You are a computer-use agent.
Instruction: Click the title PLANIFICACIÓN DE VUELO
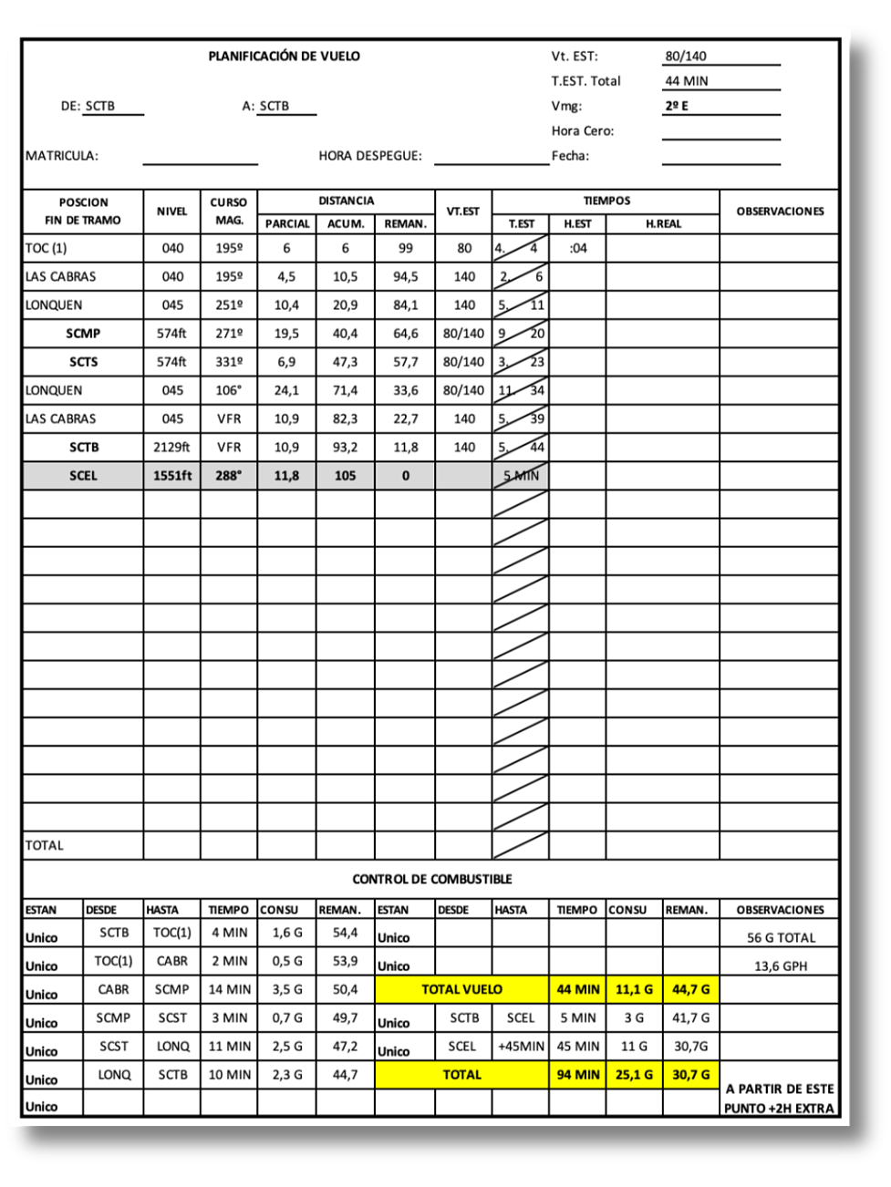click(x=284, y=56)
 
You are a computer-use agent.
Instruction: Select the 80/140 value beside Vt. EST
click(x=685, y=56)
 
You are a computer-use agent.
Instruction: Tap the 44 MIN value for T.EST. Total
click(x=686, y=80)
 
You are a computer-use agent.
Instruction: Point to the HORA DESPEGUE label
click(x=370, y=155)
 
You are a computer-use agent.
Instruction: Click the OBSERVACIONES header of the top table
click(x=779, y=211)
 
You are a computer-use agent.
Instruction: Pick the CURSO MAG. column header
click(x=228, y=211)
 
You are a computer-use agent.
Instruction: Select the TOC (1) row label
click(x=47, y=248)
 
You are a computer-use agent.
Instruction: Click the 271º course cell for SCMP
click(x=229, y=334)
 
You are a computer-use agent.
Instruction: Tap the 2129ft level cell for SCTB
click(x=171, y=448)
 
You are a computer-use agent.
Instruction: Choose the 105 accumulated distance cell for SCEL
click(x=345, y=476)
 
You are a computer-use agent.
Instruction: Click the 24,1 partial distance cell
click(x=286, y=390)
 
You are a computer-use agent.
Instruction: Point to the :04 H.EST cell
click(x=577, y=248)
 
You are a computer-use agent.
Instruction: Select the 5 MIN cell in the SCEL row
click(x=521, y=476)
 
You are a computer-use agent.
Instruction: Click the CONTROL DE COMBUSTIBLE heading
click(x=431, y=879)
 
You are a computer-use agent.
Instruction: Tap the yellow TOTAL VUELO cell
click(x=461, y=989)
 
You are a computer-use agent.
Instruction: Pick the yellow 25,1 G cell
click(x=634, y=1075)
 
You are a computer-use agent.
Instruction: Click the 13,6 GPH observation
click(x=780, y=966)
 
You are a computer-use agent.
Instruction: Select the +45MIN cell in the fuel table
click(x=521, y=1047)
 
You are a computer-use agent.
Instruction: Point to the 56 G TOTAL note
click(x=781, y=938)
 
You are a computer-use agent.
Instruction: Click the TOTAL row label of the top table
click(x=45, y=845)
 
